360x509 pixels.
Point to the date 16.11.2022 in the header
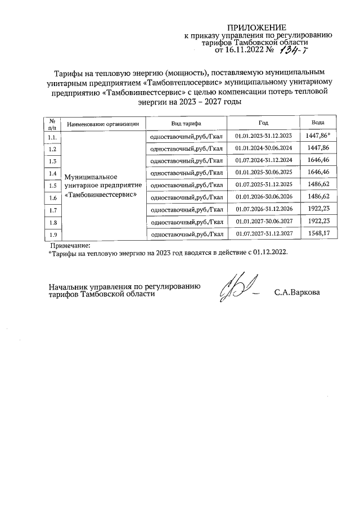[244, 50]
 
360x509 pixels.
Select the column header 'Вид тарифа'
[186, 123]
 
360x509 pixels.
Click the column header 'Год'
[264, 123]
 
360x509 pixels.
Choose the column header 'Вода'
[318, 123]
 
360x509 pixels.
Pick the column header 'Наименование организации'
[102, 124]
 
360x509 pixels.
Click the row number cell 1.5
[52, 186]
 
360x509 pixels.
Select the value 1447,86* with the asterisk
[318, 136]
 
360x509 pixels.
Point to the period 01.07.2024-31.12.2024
[264, 161]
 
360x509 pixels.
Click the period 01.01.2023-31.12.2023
[264, 137]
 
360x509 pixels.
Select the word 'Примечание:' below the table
[70, 245]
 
